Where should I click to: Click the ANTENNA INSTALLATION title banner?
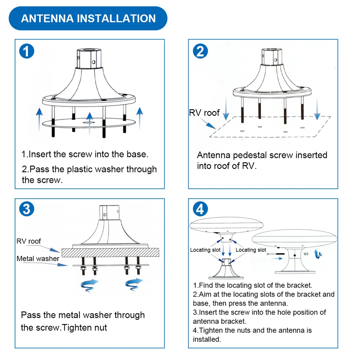click(x=88, y=18)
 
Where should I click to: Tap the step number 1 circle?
click(x=26, y=51)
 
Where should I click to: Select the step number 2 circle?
click(x=200, y=51)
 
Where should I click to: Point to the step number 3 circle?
click(x=26, y=209)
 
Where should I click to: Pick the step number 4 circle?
click(x=200, y=209)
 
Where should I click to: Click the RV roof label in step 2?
click(x=204, y=113)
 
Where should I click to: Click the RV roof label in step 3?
click(x=29, y=241)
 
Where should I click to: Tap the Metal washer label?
click(x=38, y=258)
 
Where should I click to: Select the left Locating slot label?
click(x=205, y=250)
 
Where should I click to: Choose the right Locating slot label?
click(x=251, y=250)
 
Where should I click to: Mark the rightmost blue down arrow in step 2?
click(x=317, y=110)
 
